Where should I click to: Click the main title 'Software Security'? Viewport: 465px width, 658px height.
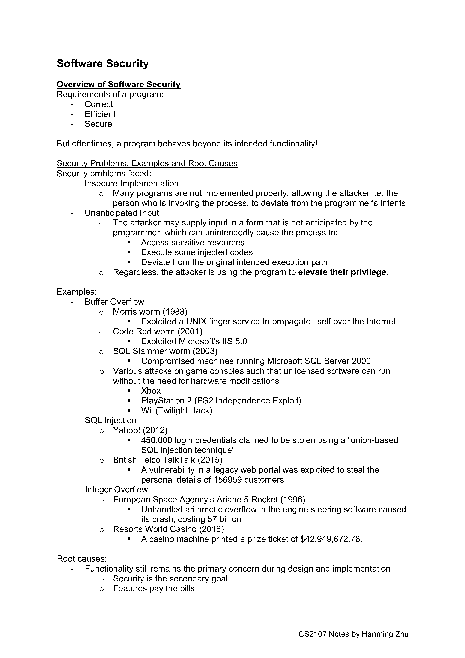(103, 64)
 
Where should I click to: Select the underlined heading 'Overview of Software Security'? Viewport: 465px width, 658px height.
(118, 84)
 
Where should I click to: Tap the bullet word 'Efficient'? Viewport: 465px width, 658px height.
(100, 114)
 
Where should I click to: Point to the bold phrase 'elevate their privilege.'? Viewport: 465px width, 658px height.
(343, 272)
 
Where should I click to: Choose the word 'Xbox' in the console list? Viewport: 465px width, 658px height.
(151, 391)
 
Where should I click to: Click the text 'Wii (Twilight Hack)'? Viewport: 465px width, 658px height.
(176, 410)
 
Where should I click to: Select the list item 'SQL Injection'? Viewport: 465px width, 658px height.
(110, 420)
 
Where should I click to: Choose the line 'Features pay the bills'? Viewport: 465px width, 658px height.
(154, 588)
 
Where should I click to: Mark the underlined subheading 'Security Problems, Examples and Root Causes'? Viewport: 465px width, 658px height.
(147, 163)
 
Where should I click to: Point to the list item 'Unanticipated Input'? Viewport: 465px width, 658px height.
(122, 213)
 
